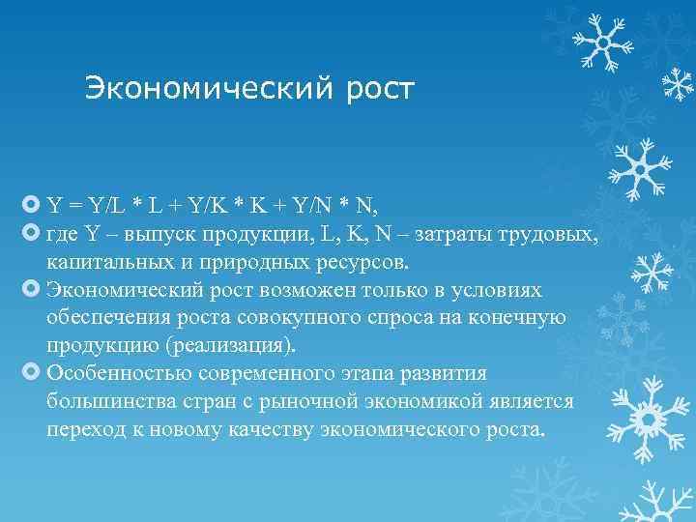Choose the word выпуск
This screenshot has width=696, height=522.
click(145, 234)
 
